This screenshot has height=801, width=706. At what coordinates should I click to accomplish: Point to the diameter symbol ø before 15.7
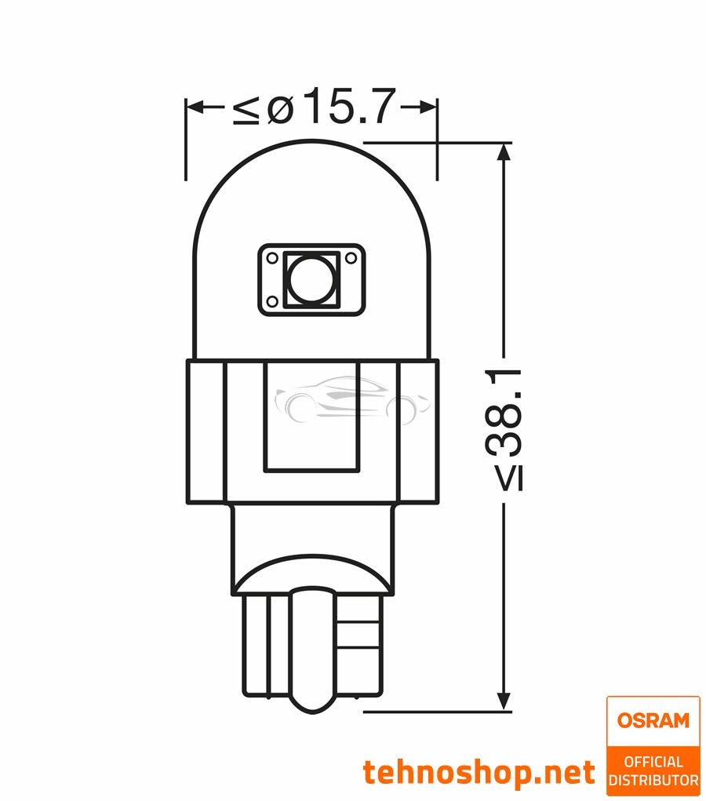click(x=279, y=108)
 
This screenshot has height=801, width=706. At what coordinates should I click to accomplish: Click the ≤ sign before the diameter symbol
click(x=246, y=108)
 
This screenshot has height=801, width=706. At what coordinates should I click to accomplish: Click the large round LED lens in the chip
click(x=311, y=280)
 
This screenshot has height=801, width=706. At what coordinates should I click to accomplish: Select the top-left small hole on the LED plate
click(x=271, y=257)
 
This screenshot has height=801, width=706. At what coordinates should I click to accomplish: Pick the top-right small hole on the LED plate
click(x=351, y=257)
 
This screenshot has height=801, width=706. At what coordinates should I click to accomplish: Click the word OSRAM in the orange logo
click(x=653, y=720)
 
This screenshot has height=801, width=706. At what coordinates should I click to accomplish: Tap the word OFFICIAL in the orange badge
click(x=653, y=762)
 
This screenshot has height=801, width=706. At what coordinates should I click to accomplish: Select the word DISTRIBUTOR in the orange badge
click(x=653, y=781)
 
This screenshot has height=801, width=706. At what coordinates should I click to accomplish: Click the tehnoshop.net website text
click(x=479, y=773)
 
